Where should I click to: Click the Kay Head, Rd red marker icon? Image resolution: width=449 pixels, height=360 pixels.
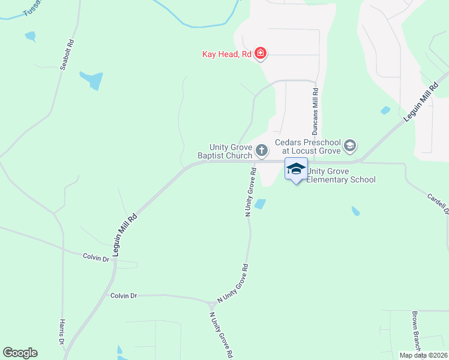point(261,54)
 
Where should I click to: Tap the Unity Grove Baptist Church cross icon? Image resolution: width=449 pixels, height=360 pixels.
point(261,149)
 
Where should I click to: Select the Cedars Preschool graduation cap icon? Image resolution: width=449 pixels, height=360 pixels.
point(349,145)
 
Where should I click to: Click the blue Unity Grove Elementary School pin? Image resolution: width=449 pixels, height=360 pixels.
point(296,169)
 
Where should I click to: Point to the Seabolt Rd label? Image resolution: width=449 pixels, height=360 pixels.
point(67,55)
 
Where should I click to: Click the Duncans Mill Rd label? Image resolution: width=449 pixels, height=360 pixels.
point(315,112)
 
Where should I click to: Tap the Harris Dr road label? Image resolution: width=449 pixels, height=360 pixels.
point(62,332)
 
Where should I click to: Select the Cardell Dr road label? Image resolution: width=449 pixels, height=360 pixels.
point(438,203)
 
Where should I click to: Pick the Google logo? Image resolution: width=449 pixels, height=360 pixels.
point(20,353)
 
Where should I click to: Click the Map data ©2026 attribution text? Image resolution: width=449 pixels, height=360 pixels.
point(423,355)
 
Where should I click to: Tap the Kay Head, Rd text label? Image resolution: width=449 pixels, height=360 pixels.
point(226,55)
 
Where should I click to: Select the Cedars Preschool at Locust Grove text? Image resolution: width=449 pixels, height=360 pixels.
point(307,146)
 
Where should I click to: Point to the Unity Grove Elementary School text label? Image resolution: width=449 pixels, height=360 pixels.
point(341,175)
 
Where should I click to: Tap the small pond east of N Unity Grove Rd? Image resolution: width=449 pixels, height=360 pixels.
point(260,205)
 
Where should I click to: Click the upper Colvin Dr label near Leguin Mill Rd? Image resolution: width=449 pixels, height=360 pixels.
point(96,257)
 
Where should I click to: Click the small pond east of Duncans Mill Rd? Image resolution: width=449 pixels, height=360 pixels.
point(385,110)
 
